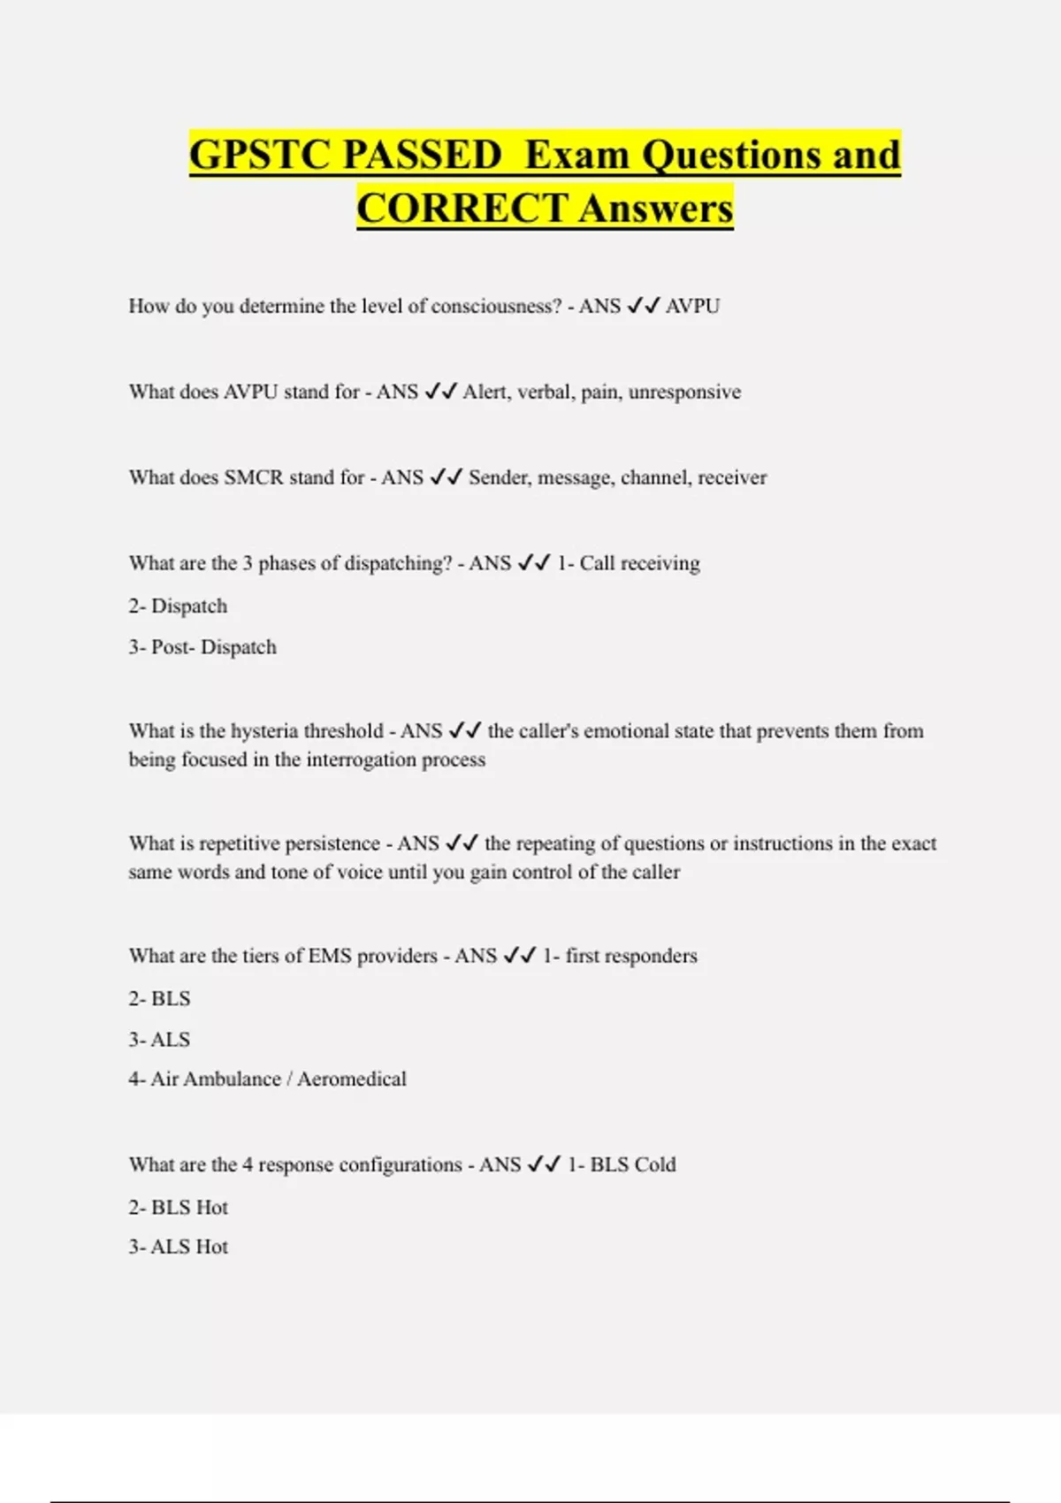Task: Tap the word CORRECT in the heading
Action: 462,209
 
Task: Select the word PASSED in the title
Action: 422,156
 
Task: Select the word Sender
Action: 497,478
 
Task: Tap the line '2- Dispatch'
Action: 178,607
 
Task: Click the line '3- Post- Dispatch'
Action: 202,647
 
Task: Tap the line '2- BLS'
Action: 159,999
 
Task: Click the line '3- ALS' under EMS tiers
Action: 159,1040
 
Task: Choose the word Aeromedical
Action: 352,1080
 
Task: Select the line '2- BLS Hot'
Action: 178,1208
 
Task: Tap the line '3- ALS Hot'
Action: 178,1247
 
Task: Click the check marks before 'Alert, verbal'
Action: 440,392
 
